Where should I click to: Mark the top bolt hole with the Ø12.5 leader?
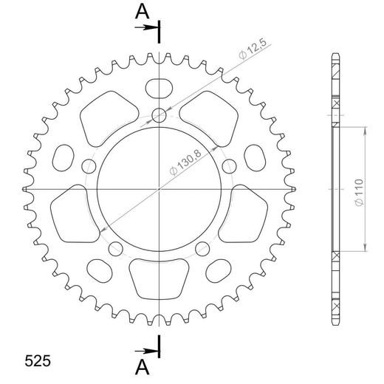pos(159,114)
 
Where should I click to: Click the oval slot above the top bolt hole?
pos(159,88)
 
